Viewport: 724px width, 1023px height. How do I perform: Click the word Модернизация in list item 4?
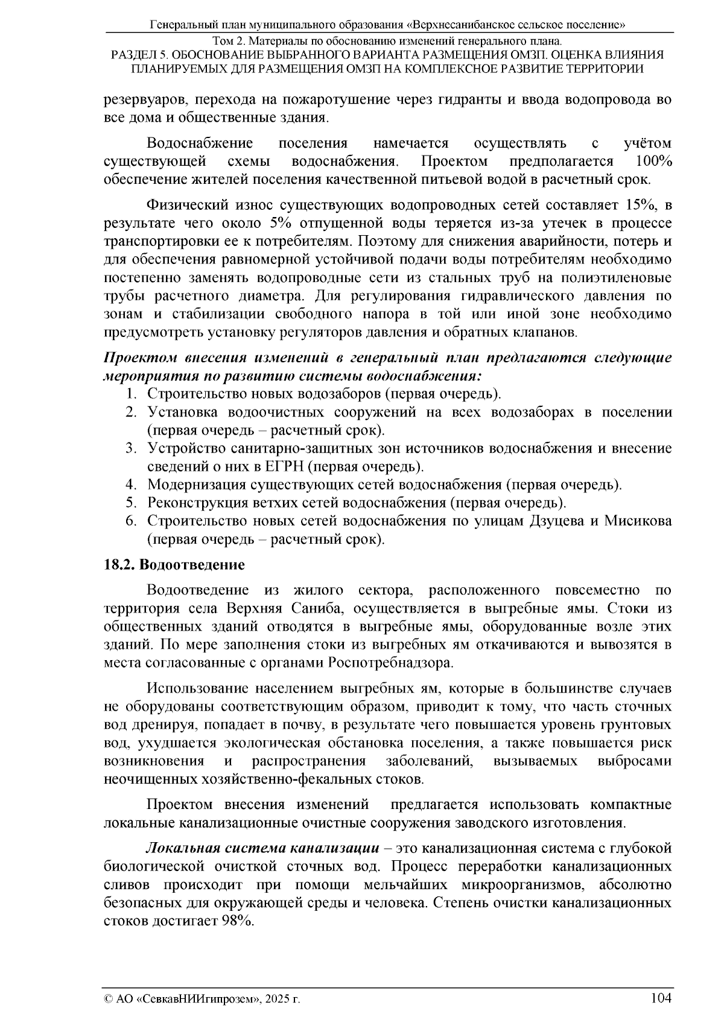(x=191, y=485)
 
